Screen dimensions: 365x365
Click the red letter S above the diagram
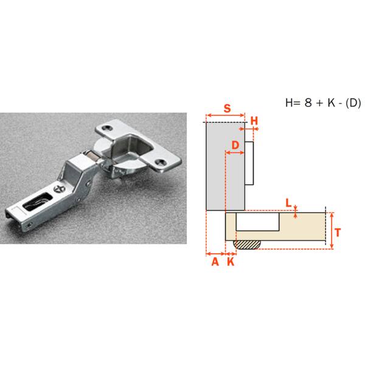tap(227, 108)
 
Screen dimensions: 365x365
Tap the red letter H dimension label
tap(254, 121)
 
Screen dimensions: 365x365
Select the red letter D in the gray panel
tap(235, 145)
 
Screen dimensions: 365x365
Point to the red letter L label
tap(288, 203)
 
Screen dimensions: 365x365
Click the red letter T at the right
tap(338, 232)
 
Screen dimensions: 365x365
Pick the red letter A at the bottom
tap(215, 262)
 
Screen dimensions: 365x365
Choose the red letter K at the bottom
tap(231, 262)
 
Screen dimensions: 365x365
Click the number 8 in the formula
tap(308, 102)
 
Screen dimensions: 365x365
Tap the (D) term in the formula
tap(353, 103)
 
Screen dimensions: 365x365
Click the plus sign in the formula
tap(319, 103)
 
